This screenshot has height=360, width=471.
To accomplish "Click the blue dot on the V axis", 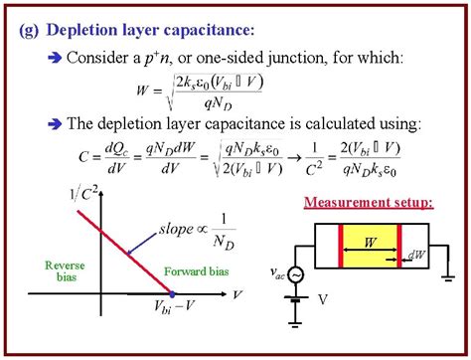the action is point(171,293).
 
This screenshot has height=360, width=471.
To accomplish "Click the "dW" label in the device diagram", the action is point(416,257).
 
